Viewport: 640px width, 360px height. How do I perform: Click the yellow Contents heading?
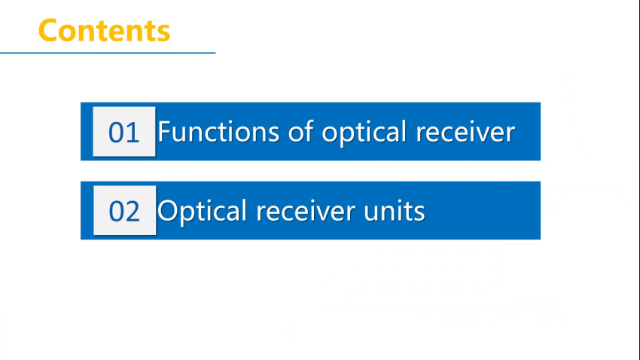pos(104,31)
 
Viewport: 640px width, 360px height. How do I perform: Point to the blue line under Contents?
pos(108,53)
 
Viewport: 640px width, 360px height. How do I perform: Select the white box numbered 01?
pos(124,132)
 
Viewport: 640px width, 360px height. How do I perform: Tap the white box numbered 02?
pos(124,210)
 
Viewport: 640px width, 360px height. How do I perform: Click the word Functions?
pos(218,132)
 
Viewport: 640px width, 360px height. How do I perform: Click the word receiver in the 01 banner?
pos(465,133)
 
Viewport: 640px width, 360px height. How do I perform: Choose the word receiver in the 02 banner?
pos(306,211)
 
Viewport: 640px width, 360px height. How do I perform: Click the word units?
pos(395,212)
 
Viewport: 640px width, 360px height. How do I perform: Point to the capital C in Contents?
pos(47,31)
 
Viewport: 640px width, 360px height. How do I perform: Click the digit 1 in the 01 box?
pos(133,133)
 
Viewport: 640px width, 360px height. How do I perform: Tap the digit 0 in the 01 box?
pos(116,133)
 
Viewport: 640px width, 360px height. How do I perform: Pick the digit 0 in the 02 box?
pos(117,211)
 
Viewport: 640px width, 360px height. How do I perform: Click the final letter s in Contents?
pos(164,33)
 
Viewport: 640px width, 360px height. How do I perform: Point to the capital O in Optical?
pos(168,211)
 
